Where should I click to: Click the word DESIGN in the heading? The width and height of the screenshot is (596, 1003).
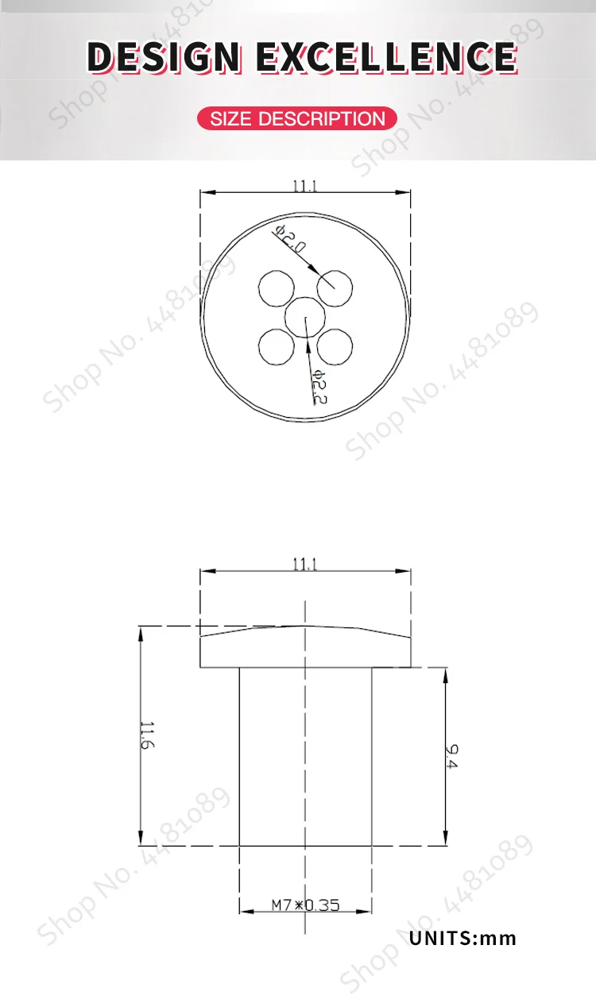pos(164,57)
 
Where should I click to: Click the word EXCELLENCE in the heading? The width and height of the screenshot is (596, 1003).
pos(387,57)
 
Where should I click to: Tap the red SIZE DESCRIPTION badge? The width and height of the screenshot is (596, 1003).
pos(297,118)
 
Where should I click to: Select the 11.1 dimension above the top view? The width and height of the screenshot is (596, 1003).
pos(304,186)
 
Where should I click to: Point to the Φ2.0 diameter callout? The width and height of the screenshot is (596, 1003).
pos(291,240)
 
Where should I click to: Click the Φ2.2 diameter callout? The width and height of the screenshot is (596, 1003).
pos(319,388)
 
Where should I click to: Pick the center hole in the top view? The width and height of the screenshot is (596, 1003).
pos(305,318)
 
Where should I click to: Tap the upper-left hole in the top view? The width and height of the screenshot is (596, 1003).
pos(277,288)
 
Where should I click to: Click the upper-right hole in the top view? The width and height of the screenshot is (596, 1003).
pos(335,288)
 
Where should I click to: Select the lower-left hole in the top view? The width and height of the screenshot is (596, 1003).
pos(277,347)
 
